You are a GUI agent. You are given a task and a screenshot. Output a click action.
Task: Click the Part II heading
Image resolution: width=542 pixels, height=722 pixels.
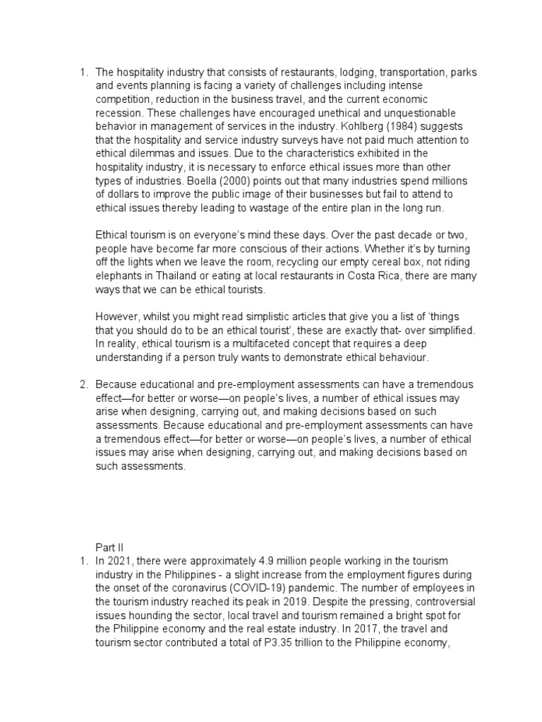coord(109,546)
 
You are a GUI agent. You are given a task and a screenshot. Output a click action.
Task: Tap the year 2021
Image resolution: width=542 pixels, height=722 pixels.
coord(120,561)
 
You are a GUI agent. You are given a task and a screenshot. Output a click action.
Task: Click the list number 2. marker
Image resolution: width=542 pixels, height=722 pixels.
coord(83,384)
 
